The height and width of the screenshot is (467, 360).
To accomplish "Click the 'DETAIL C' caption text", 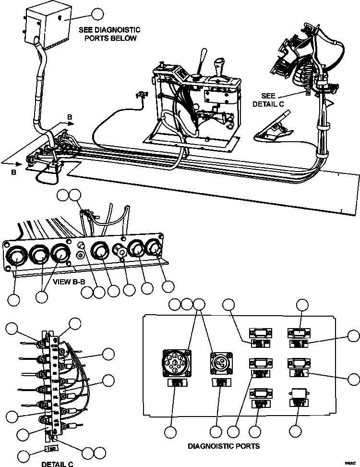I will [57, 464].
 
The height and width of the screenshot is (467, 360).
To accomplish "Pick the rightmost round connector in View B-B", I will [155, 247].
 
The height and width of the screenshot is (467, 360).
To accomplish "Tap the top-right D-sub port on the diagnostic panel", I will [298, 332].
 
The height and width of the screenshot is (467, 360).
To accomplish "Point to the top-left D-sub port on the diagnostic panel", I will [260, 332].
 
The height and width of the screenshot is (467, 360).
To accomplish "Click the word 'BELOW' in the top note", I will [124, 38].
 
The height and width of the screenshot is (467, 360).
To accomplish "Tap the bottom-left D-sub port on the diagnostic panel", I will [260, 394].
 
